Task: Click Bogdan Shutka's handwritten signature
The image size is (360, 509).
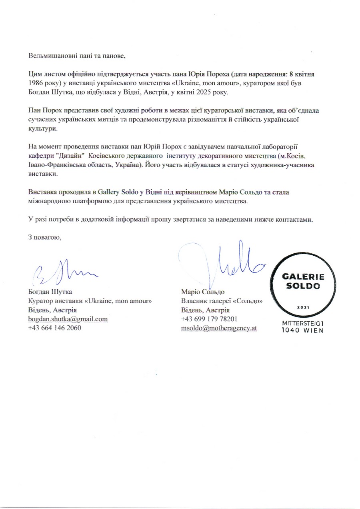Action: pyautogui.click(x=64, y=271)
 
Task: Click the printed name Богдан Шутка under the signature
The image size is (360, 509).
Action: pyautogui.click(x=50, y=292)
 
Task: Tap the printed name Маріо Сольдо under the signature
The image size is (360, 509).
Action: pyautogui.click(x=202, y=292)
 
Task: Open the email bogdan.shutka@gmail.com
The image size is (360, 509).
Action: pyautogui.click(x=68, y=319)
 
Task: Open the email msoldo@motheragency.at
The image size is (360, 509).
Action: pyautogui.click(x=219, y=328)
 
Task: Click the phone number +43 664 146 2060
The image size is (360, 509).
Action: pyautogui.click(x=54, y=328)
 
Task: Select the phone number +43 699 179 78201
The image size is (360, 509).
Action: pyautogui.click(x=210, y=319)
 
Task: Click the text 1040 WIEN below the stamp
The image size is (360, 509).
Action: pyautogui.click(x=302, y=331)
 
